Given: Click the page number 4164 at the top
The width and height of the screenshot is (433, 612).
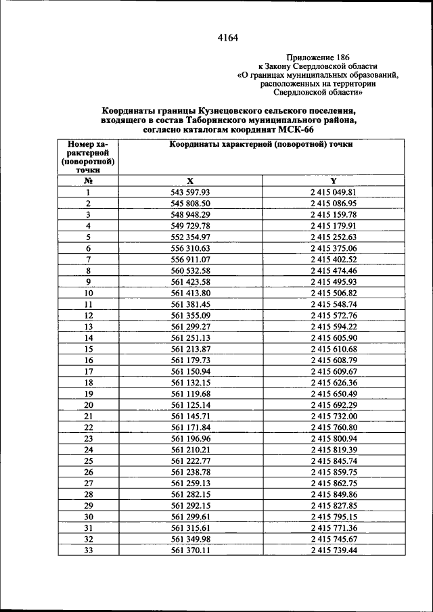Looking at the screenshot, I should click(x=227, y=38).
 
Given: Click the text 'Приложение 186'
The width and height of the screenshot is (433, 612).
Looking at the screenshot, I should click(x=319, y=57).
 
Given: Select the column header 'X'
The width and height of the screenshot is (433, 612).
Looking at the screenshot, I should click(x=190, y=181).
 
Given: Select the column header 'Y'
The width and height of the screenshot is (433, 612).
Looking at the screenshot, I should click(x=334, y=181).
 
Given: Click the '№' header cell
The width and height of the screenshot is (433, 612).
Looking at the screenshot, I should click(x=88, y=181).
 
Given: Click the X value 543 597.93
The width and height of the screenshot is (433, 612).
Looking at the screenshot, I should click(x=191, y=192).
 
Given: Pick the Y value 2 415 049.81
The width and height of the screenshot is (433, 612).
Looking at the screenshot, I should click(x=334, y=192).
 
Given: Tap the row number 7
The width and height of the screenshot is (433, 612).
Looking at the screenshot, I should click(x=88, y=259).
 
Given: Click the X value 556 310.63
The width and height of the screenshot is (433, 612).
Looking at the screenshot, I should click(x=191, y=248).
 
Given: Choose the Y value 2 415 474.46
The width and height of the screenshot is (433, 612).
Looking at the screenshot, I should click(x=334, y=270).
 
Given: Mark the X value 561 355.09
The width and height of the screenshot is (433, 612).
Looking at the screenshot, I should click(x=191, y=315).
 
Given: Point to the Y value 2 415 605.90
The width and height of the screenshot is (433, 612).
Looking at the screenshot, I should click(x=334, y=337).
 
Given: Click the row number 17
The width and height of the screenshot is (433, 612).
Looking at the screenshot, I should click(x=88, y=371).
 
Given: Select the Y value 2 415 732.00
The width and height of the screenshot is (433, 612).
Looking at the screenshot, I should click(x=334, y=416).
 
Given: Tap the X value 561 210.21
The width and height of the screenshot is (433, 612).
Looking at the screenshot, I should click(x=191, y=450).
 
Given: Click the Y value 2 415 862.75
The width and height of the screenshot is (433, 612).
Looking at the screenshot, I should click(x=334, y=483).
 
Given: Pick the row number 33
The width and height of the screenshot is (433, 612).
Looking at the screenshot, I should click(x=88, y=550).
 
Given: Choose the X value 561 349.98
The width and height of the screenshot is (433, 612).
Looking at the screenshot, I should click(x=191, y=539).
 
